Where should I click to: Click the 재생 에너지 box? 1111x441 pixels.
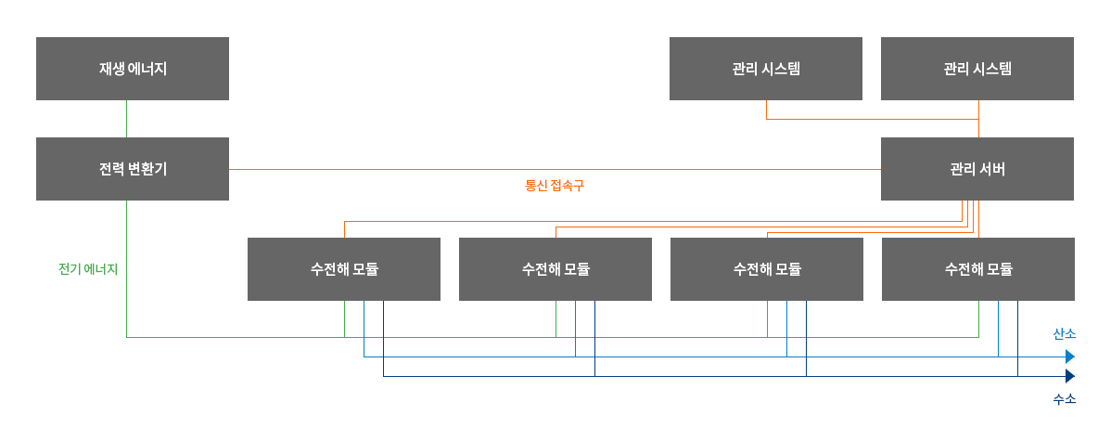(x=133, y=69)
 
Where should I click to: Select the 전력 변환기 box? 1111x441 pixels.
(x=133, y=169)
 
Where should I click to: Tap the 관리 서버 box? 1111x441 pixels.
(x=977, y=169)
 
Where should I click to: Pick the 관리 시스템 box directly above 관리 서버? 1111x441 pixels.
(x=977, y=69)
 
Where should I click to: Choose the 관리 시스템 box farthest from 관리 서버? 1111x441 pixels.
(x=766, y=69)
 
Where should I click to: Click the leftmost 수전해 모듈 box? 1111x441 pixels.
(x=344, y=269)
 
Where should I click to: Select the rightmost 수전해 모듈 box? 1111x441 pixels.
(x=978, y=269)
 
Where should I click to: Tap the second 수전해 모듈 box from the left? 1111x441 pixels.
(x=555, y=269)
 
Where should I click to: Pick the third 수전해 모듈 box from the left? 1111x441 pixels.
(x=767, y=269)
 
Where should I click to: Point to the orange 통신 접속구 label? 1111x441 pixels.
(x=555, y=186)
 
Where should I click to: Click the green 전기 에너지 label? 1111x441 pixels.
(x=88, y=269)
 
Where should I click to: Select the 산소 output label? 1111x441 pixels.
(x=1064, y=333)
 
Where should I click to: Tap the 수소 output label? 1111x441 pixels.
(x=1064, y=399)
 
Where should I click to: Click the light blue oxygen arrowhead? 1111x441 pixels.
(x=1070, y=357)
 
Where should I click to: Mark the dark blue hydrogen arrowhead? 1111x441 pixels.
(x=1070, y=376)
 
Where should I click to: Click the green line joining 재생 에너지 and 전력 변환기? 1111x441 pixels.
(x=126, y=119)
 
